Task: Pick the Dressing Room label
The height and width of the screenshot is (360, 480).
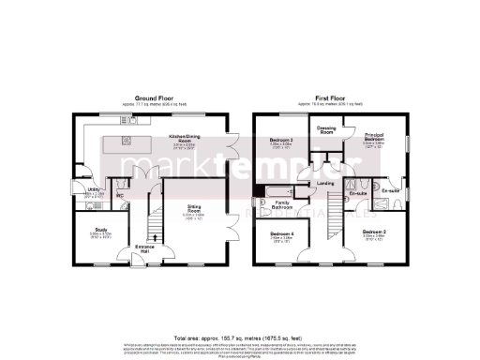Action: click(x=327, y=129)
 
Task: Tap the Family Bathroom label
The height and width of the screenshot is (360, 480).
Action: click(x=282, y=203)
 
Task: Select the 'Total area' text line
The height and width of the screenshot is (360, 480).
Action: click(x=240, y=335)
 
